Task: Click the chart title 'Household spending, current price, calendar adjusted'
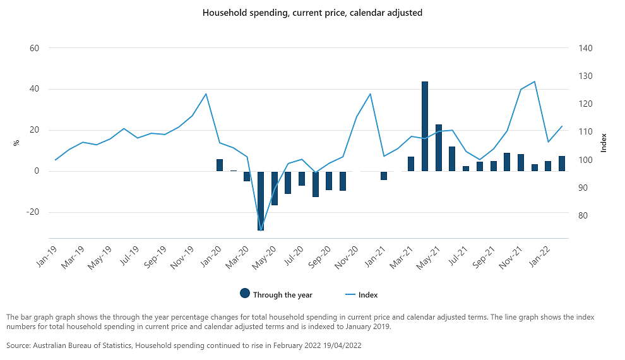[312, 13]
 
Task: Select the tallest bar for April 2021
[425, 126]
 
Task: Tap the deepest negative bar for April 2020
[261, 200]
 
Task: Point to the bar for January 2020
[220, 165]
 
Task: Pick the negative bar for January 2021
[384, 176]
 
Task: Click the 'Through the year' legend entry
[276, 294]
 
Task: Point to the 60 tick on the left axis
[34, 48]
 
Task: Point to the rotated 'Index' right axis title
[604, 143]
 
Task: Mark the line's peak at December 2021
[535, 81]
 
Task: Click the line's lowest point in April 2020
[261, 229]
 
